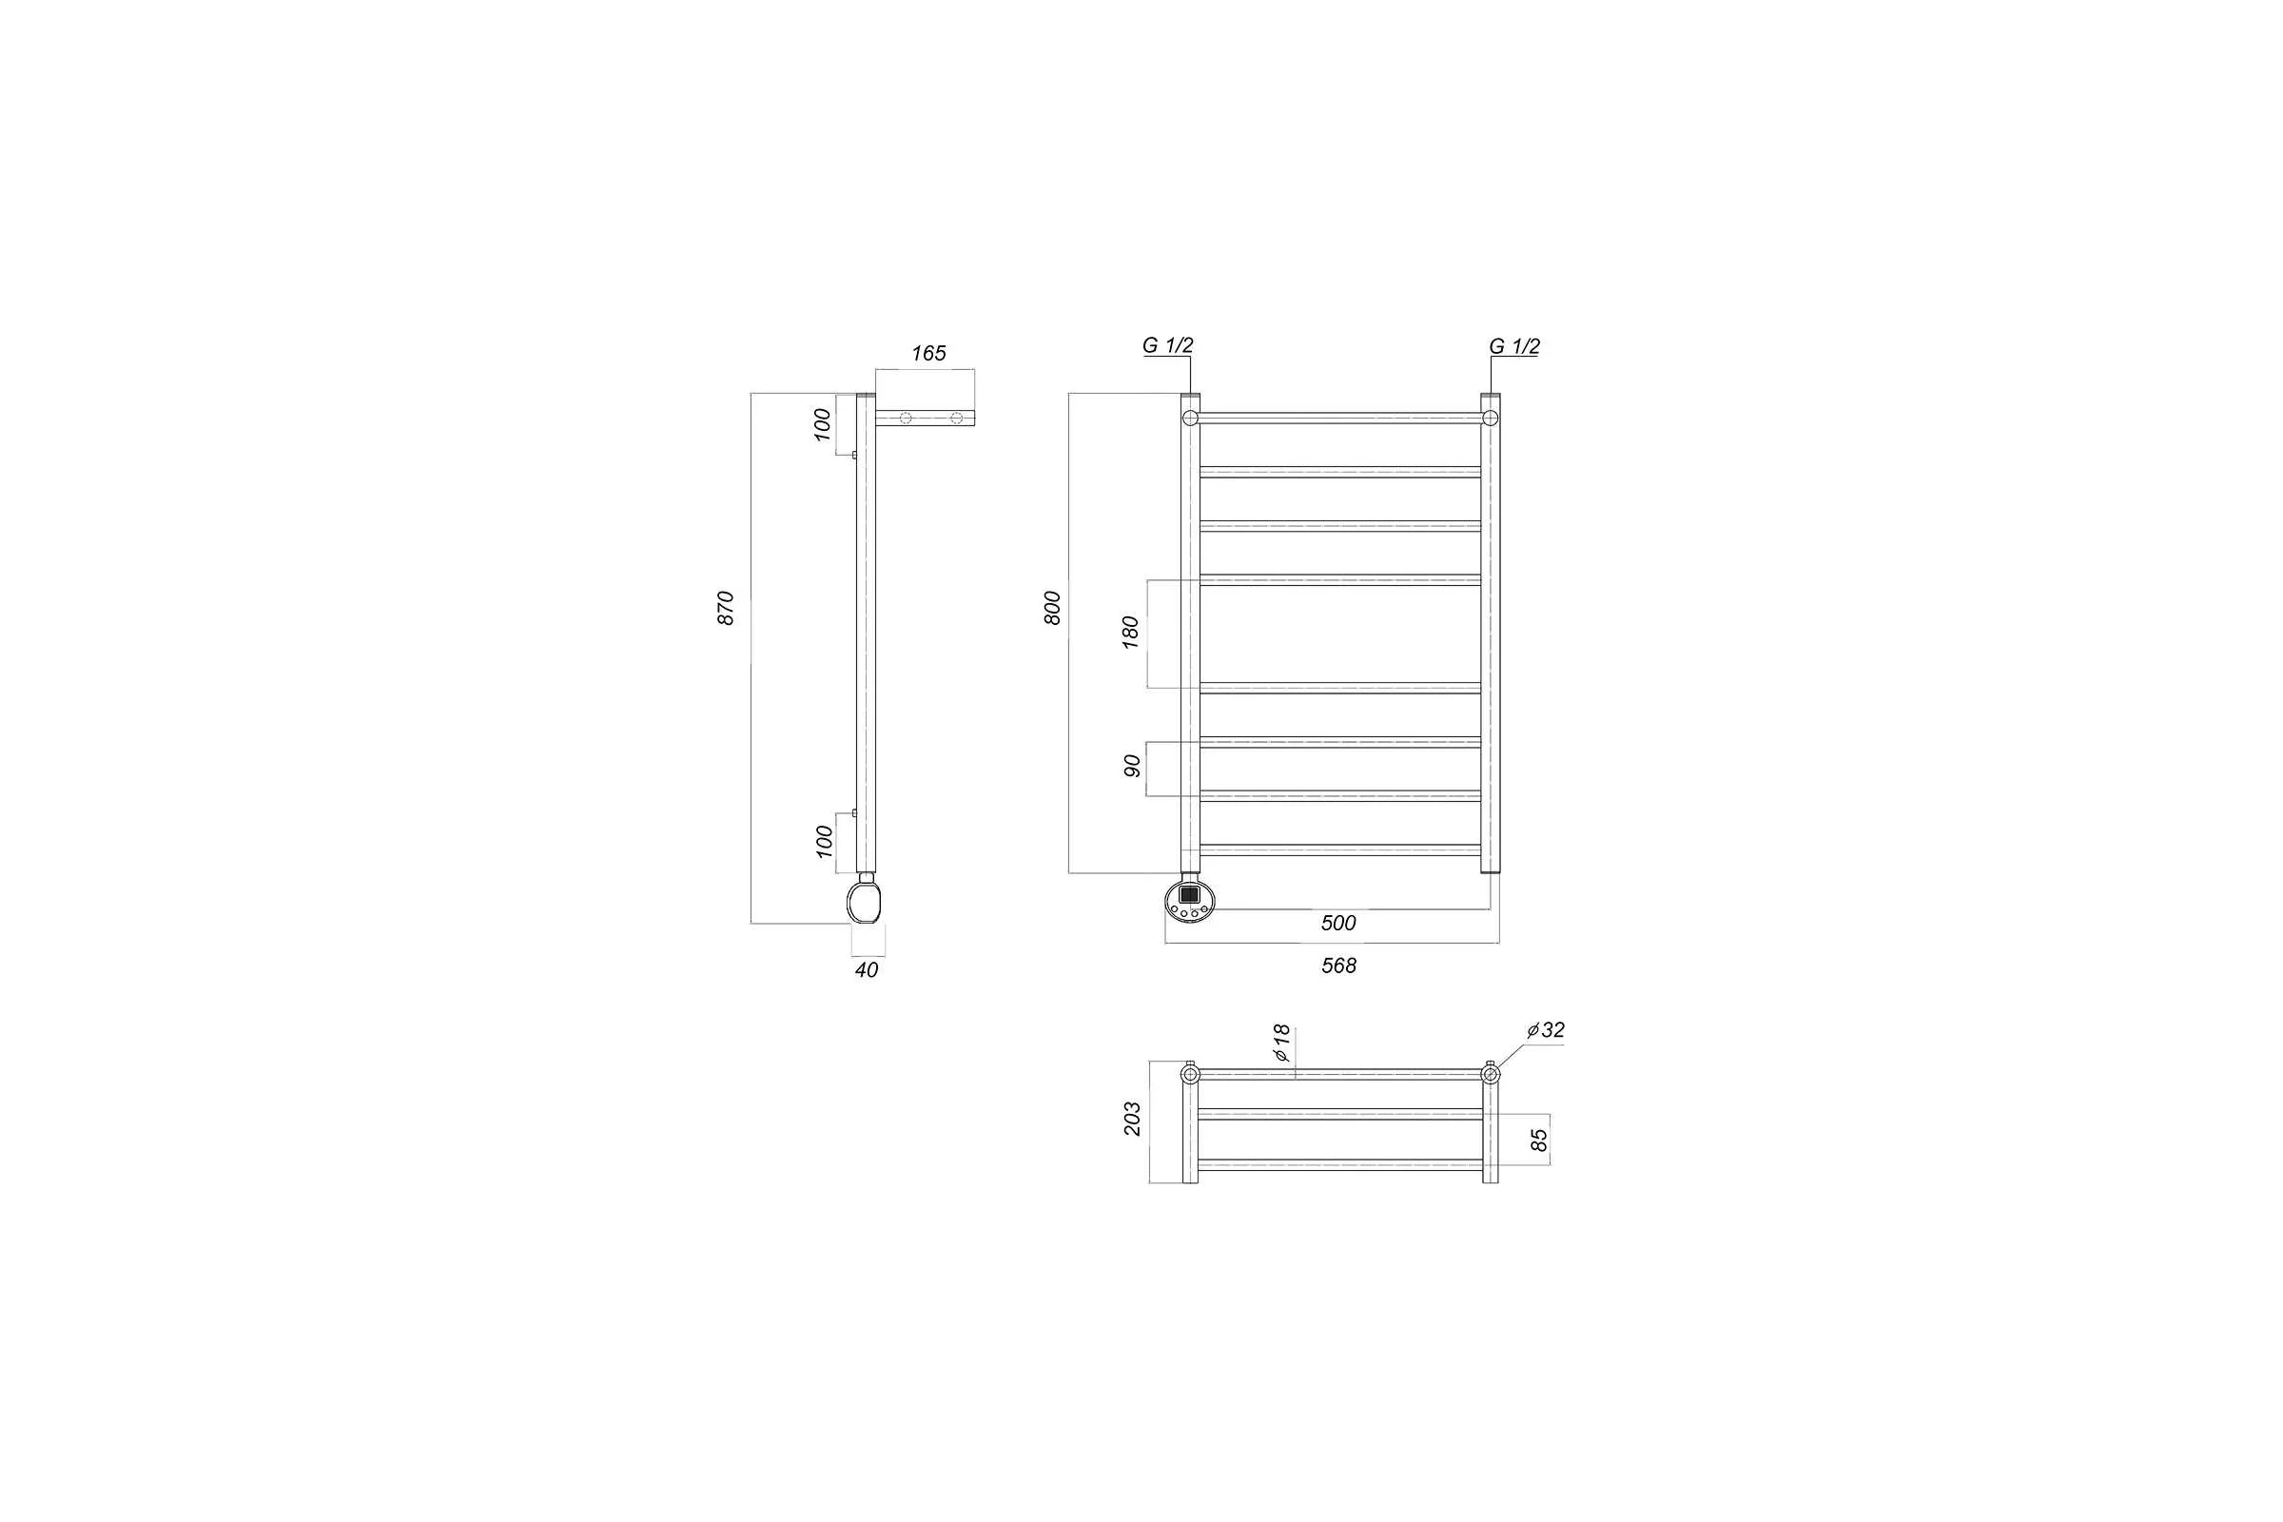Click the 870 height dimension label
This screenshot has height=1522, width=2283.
point(726,608)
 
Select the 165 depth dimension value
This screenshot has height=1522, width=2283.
point(929,353)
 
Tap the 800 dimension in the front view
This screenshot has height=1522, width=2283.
point(1052,608)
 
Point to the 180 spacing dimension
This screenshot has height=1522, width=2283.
point(1130,632)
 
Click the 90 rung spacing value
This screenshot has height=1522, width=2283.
point(1131,766)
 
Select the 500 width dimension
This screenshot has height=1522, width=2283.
point(1338,923)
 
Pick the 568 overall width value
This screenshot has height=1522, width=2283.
point(1338,966)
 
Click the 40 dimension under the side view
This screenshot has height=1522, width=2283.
point(867,969)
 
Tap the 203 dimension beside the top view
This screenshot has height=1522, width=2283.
point(1132,1120)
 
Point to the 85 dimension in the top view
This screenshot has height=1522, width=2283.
point(1538,1139)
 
